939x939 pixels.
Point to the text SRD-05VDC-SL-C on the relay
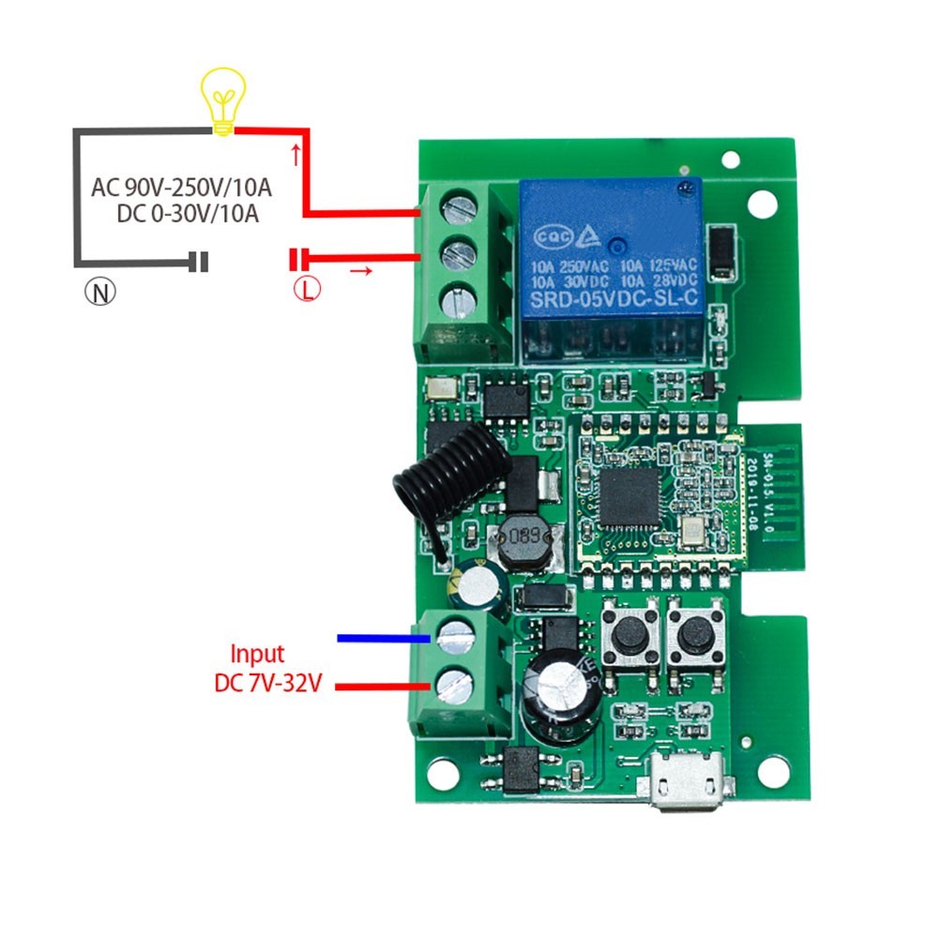(613, 300)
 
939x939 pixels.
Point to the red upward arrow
(297, 153)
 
